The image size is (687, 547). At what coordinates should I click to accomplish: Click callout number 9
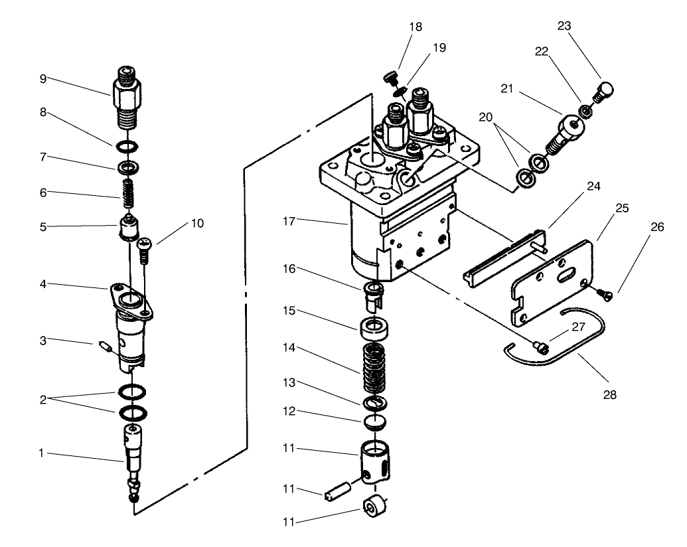[x=43, y=78]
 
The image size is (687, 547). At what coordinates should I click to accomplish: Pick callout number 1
[x=42, y=454]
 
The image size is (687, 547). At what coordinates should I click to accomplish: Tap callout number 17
[x=292, y=220]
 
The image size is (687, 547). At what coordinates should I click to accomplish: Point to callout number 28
[x=609, y=394]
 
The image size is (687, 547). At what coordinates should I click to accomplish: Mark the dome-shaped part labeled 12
[x=376, y=422]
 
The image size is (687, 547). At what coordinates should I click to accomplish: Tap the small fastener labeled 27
[x=540, y=345]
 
